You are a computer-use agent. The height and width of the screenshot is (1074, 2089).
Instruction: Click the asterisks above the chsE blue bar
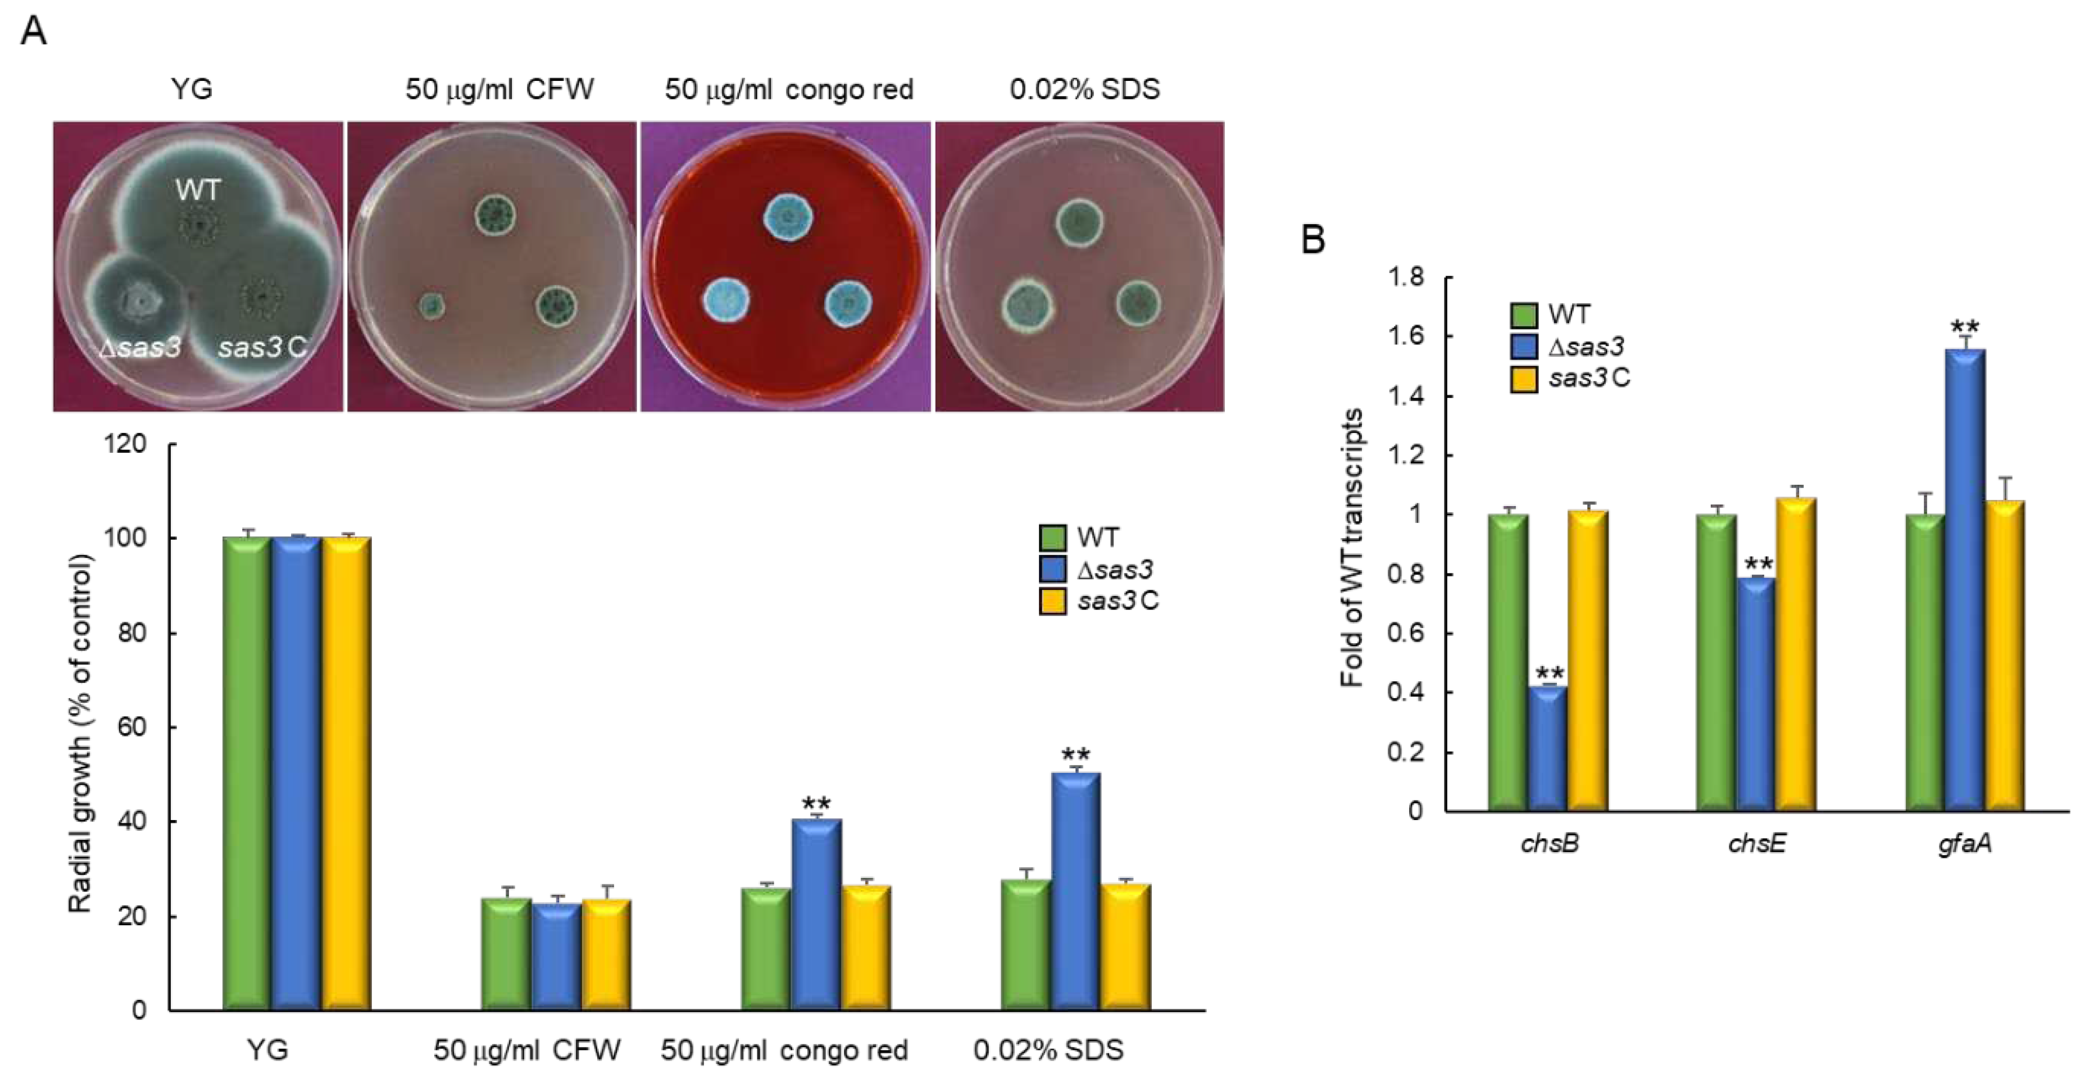pyautogui.click(x=1758, y=563)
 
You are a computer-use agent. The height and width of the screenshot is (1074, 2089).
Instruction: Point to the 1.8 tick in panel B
pyautogui.click(x=1405, y=277)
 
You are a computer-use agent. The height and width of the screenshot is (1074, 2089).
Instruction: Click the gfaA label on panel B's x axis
pyautogui.click(x=1964, y=844)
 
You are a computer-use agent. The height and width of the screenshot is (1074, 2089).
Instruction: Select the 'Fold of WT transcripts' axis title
pyautogui.click(x=1351, y=548)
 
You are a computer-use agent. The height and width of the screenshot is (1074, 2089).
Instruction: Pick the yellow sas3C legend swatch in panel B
pyautogui.click(x=1524, y=379)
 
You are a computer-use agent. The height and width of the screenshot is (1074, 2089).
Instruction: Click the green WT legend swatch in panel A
pyautogui.click(x=1052, y=538)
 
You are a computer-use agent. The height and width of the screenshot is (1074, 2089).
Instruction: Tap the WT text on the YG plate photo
pyautogui.click(x=198, y=190)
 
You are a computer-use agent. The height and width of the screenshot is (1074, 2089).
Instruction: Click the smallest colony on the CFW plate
pyautogui.click(x=432, y=306)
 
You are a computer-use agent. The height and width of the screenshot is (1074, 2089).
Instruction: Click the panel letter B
pyautogui.click(x=1313, y=240)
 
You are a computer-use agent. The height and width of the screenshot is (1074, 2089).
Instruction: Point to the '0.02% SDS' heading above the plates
pyautogui.click(x=1084, y=89)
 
